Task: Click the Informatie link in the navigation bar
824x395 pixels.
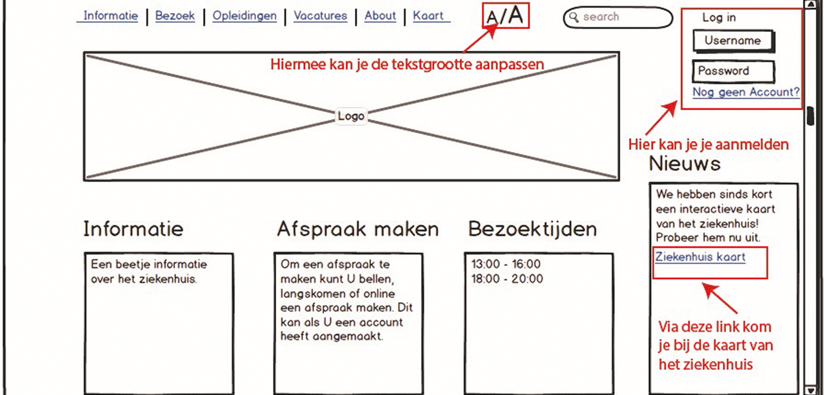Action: tap(111, 16)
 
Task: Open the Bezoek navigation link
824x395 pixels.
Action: tap(175, 16)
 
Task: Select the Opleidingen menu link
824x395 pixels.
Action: tap(244, 16)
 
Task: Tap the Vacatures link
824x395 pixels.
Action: tap(320, 16)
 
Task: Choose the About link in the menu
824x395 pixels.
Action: tap(380, 16)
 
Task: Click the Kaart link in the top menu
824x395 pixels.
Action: tap(428, 16)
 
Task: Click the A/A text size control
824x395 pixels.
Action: tap(505, 16)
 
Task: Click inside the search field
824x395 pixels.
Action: tap(625, 17)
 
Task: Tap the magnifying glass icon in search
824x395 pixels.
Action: tap(574, 17)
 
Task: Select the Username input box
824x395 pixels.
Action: tap(733, 41)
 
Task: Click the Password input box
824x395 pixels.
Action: tap(733, 71)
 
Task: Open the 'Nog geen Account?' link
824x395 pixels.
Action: tap(746, 92)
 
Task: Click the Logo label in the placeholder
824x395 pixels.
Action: tap(351, 116)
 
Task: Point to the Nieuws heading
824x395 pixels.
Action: tap(684, 164)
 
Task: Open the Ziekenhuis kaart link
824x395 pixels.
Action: tap(700, 257)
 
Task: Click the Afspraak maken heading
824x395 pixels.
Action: tap(358, 229)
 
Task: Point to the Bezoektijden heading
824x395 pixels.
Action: tap(532, 229)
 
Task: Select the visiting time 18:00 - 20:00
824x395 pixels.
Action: tap(507, 279)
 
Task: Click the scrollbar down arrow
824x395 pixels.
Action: tap(810, 390)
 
